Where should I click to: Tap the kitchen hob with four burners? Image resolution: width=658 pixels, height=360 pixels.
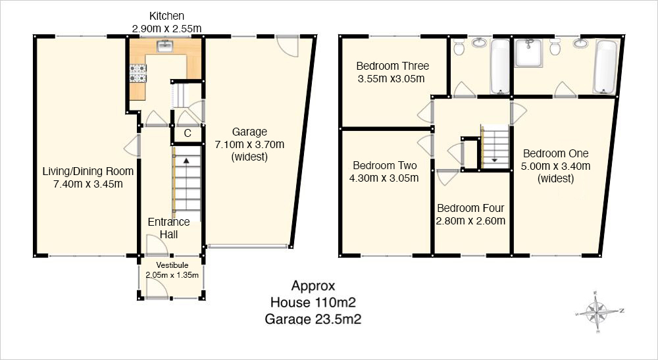(x=138, y=73)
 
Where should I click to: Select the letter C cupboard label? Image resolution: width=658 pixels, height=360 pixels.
(x=188, y=134)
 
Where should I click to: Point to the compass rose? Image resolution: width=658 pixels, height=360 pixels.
(x=599, y=312)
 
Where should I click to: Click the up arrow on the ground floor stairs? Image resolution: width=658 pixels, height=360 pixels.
(x=186, y=160)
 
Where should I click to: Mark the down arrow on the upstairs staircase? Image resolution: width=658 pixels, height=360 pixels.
(x=494, y=159)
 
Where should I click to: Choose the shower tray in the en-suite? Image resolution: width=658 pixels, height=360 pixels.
(x=529, y=53)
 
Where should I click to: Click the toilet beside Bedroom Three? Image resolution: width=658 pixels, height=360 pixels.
(x=459, y=47)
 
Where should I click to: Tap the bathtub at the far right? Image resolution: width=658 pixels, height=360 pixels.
(x=605, y=66)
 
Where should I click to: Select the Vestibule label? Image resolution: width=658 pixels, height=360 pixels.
(x=172, y=265)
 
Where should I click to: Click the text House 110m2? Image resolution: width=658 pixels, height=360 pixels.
(x=313, y=302)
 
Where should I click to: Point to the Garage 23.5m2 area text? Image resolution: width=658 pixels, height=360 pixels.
(x=313, y=319)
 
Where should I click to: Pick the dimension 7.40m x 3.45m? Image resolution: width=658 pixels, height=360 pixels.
(x=88, y=184)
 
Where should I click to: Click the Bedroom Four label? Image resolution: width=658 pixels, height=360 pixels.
(x=470, y=208)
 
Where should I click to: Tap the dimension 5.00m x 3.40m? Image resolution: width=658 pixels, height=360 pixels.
(x=555, y=166)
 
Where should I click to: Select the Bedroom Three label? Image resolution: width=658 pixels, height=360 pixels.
(x=392, y=66)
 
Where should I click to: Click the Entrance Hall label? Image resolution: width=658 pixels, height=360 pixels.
(x=168, y=228)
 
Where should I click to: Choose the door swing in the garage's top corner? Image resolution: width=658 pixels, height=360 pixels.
(x=288, y=46)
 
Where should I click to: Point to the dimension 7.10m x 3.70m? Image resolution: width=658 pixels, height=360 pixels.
(x=249, y=145)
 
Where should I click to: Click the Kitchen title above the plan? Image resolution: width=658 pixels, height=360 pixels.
(x=166, y=16)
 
